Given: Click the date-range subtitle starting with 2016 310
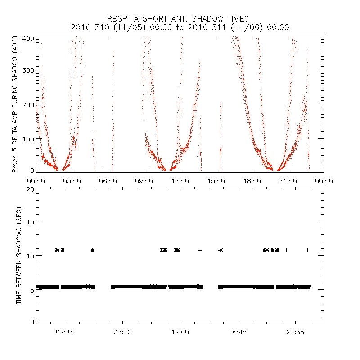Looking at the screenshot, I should tap(180, 27).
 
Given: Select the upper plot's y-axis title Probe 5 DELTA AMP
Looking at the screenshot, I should tap(15, 104).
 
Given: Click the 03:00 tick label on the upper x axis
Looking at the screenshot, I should tap(72, 180).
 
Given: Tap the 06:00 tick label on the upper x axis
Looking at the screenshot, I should tap(108, 180).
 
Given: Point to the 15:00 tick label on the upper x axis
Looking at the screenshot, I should tap(216, 180).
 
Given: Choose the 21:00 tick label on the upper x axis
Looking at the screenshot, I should tap(288, 180).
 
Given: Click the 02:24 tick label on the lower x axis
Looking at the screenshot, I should tap(65, 332).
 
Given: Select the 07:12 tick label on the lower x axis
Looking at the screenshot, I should tap(122, 332).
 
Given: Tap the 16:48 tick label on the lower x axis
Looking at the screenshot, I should tap(238, 332).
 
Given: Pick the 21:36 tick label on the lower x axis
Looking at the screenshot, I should tap(295, 332).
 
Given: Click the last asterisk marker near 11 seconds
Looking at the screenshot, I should tap(307, 250).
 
